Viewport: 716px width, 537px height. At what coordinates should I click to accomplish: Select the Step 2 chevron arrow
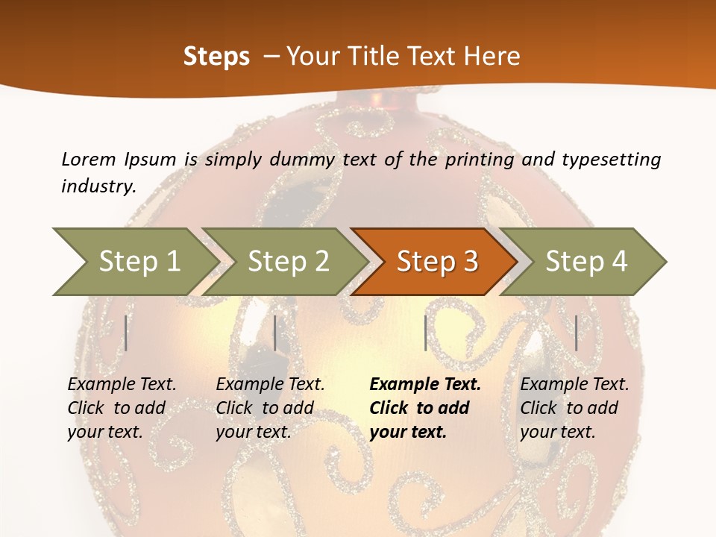[x=288, y=262]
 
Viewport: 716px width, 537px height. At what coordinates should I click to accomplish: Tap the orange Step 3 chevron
[x=437, y=262]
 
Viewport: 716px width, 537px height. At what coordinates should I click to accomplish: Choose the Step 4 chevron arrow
[x=586, y=262]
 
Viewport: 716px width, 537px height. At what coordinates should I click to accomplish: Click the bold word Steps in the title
[x=216, y=57]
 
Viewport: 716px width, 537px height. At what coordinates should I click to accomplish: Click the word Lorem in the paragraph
[x=88, y=159]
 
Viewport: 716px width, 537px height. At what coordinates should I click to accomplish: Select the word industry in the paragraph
[x=98, y=186]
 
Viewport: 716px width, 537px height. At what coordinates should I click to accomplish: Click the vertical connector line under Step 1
[x=126, y=333]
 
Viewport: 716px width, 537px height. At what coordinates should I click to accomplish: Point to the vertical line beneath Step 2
[x=275, y=333]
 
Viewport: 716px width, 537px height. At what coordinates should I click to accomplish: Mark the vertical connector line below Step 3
[x=425, y=333]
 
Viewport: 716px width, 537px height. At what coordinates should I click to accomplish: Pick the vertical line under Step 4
[x=577, y=333]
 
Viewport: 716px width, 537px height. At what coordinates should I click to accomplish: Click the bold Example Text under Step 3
[x=425, y=385]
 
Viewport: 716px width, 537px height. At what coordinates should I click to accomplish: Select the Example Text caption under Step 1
[x=122, y=385]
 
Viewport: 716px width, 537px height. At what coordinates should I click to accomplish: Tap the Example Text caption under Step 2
[x=270, y=385]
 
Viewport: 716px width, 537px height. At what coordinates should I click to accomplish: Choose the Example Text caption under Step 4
[x=574, y=385]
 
